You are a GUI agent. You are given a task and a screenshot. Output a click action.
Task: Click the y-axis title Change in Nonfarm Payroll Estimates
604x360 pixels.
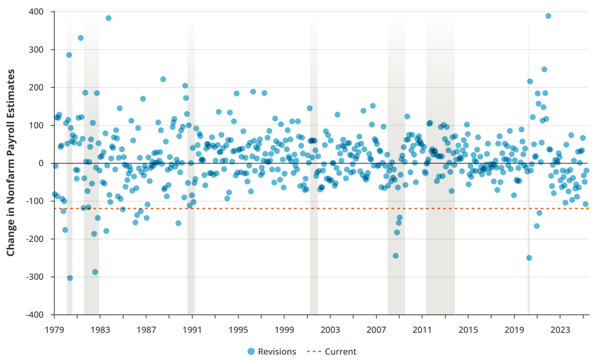click(x=10, y=163)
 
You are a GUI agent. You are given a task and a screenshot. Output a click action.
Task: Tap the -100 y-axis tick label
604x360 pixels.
click(x=36, y=201)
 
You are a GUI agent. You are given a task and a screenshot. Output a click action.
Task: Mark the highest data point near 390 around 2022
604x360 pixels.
click(x=548, y=16)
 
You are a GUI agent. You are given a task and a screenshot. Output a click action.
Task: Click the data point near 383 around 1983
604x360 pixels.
click(x=109, y=18)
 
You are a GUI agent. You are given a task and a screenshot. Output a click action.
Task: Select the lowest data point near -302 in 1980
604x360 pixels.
click(x=70, y=278)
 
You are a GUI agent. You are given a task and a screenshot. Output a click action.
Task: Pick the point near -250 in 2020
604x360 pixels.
click(x=529, y=258)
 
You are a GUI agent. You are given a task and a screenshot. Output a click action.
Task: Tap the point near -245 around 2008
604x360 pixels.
click(x=396, y=256)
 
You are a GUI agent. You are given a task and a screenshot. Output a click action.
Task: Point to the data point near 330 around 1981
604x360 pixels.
click(x=81, y=38)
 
